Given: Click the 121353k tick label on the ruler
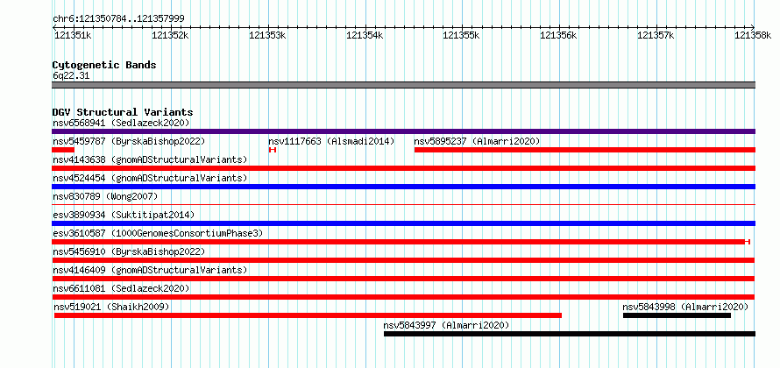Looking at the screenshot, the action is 267,35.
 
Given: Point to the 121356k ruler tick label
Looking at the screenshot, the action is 558,35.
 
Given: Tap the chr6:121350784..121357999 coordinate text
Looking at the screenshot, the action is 118,19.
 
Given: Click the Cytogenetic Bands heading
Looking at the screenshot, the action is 104,65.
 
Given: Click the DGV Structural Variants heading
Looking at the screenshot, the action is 123,112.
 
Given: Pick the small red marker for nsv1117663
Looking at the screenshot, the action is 272,150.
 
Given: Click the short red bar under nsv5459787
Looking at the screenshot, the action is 63,150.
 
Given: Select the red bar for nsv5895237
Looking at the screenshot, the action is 585,150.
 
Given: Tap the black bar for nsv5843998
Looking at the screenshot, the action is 677,315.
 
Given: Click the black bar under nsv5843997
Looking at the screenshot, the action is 569,334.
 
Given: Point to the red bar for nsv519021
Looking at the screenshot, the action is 308,315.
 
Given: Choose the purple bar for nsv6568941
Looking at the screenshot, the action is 403,131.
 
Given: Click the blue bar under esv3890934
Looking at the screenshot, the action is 403,223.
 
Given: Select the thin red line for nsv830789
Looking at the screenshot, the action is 403,204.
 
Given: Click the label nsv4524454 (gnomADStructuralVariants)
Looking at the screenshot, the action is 150,178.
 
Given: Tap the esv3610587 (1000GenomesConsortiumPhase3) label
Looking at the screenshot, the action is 157,233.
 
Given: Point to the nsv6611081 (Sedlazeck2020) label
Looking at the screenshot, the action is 121,288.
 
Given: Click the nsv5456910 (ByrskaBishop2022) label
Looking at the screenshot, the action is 129,251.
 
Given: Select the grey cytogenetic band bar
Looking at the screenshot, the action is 403,85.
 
